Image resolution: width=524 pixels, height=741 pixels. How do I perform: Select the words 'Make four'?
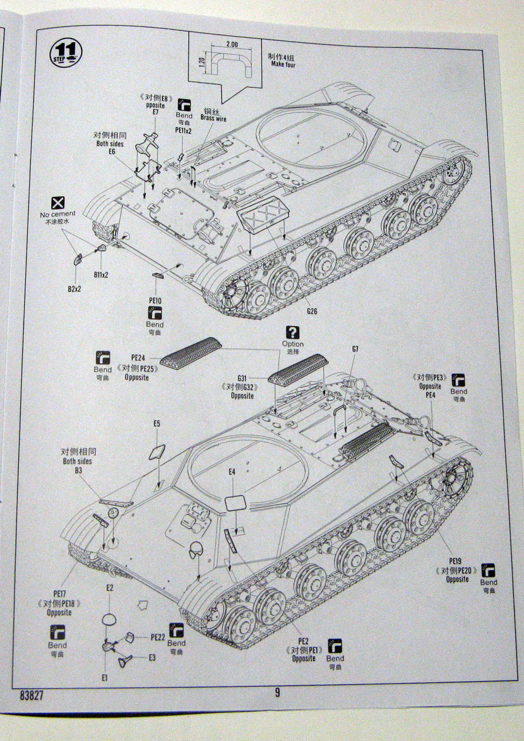pos(283,64)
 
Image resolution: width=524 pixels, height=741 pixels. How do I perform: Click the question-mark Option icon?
pos(292,332)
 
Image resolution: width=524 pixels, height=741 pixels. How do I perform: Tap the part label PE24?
pos(138,357)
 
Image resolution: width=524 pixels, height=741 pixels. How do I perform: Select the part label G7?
pos(355,349)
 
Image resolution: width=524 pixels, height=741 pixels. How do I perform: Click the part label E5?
pos(157,423)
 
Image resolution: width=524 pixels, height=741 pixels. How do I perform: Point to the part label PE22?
pos(157,637)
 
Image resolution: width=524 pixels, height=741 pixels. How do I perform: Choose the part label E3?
pos(152,658)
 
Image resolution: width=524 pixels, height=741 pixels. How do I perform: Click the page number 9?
pos(277,692)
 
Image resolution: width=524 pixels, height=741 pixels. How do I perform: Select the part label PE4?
pos(431,395)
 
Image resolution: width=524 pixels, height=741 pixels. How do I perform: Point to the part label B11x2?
pos(102,275)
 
